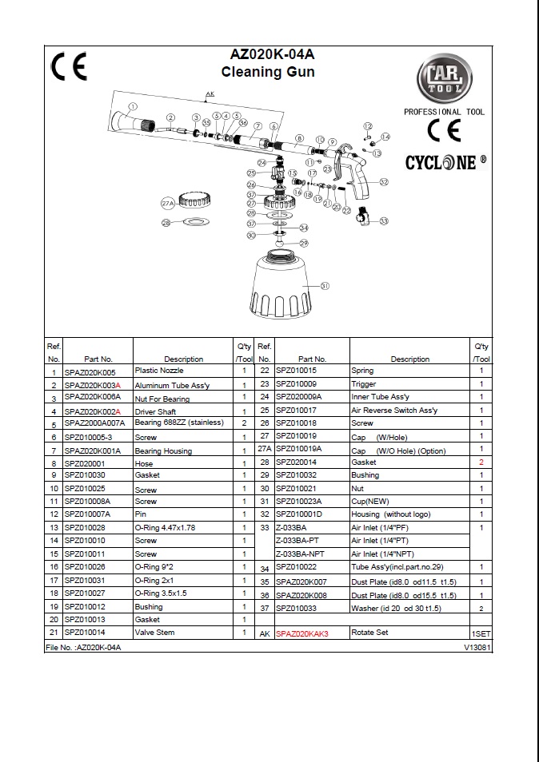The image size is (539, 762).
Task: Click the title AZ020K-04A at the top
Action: (273, 56)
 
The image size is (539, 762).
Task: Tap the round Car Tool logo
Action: (439, 81)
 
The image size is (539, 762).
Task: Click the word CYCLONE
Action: (445, 163)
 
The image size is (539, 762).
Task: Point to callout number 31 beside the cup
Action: (325, 286)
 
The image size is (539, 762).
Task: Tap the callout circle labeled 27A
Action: (167, 204)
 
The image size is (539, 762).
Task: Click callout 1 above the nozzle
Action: (133, 106)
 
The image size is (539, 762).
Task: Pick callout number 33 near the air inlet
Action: (384, 220)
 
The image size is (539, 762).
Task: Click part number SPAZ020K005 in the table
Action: (90, 371)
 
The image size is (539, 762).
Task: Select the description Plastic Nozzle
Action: (159, 371)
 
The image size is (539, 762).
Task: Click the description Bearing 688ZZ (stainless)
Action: (179, 423)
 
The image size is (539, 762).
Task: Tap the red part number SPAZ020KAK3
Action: (302, 633)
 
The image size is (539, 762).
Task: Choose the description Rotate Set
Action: (370, 633)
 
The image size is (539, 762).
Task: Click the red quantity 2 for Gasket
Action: (481, 462)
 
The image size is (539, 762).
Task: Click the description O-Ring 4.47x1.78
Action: (166, 527)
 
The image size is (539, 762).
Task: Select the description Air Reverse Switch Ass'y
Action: (394, 410)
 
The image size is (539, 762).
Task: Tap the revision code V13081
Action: (477, 647)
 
